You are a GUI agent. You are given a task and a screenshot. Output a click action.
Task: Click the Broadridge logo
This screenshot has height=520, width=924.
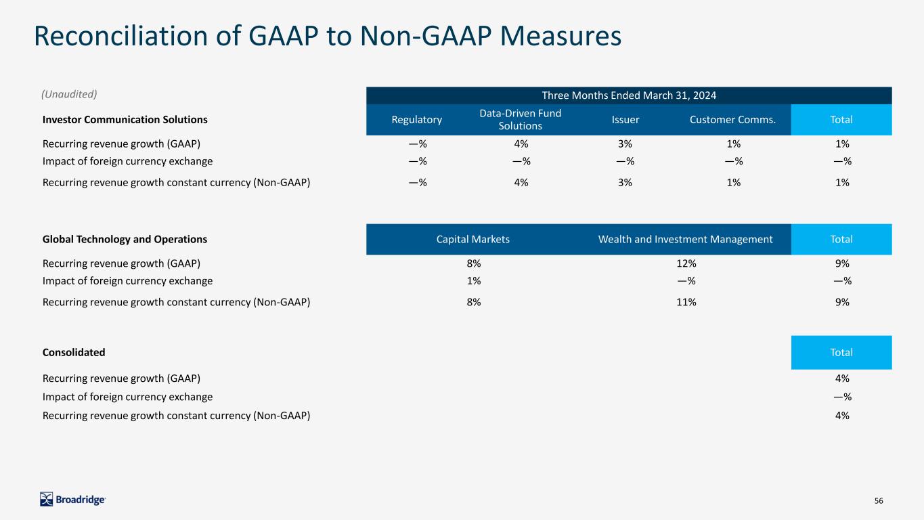pyautogui.click(x=72, y=500)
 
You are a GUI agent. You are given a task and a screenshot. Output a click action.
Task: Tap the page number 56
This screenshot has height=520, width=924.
pyautogui.click(x=879, y=500)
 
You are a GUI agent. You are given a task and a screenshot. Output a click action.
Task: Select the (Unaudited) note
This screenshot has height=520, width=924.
pyautogui.click(x=69, y=94)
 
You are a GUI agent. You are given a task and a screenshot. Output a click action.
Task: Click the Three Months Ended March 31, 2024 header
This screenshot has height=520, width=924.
pyautogui.click(x=629, y=95)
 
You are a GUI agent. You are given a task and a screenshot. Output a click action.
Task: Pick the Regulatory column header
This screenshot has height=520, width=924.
pyautogui.click(x=416, y=120)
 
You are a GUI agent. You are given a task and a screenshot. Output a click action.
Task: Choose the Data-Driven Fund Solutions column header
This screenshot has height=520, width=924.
pyautogui.click(x=520, y=119)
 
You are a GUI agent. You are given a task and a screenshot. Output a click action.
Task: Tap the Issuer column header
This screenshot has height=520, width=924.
pyautogui.click(x=625, y=120)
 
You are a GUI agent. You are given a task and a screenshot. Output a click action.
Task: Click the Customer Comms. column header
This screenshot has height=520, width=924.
pyautogui.click(x=732, y=120)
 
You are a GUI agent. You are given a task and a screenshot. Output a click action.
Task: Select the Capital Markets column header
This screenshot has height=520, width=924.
pyautogui.click(x=472, y=240)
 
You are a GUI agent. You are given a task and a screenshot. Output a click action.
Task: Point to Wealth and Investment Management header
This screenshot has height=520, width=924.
pyautogui.click(x=685, y=240)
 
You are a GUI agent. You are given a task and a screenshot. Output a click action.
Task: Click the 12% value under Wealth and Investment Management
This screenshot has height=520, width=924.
pyautogui.click(x=686, y=263)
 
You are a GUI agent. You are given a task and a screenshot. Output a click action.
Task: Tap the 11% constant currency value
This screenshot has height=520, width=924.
pyautogui.click(x=686, y=302)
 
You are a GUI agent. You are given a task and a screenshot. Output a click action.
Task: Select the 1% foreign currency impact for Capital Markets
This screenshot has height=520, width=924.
pyautogui.click(x=474, y=280)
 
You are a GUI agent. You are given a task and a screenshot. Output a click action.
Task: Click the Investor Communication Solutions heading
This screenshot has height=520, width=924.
pyautogui.click(x=125, y=120)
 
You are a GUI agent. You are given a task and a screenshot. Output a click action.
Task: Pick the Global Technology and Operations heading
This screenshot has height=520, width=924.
pyautogui.click(x=125, y=240)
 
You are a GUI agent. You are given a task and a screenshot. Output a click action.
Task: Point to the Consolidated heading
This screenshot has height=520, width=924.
pyautogui.click(x=74, y=353)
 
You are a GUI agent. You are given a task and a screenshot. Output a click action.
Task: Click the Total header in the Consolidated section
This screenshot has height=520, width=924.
pyautogui.click(x=841, y=353)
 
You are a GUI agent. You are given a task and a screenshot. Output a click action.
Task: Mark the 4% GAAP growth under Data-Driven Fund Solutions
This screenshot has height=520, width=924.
pyautogui.click(x=521, y=144)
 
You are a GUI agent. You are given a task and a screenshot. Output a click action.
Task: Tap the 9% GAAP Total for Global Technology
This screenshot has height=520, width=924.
pyautogui.click(x=842, y=263)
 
